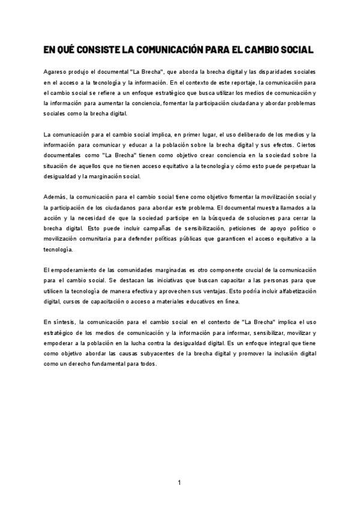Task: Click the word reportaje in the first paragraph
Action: [x=226, y=82]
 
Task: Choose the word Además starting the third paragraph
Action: [x=55, y=197]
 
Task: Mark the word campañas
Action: [x=152, y=228]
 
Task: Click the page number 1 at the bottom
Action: [x=179, y=483]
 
